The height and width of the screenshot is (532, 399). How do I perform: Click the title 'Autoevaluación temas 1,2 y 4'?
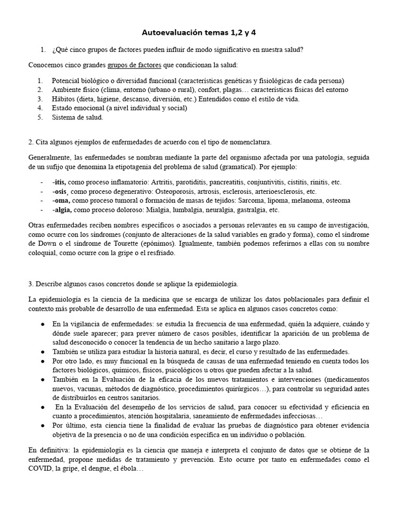click(199, 33)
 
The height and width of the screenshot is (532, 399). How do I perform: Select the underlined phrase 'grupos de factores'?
click(135, 65)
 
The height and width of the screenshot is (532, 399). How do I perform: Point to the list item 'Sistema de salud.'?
click(77, 117)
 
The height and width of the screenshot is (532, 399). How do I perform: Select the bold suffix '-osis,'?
click(60, 192)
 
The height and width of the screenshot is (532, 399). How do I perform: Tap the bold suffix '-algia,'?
click(62, 210)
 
